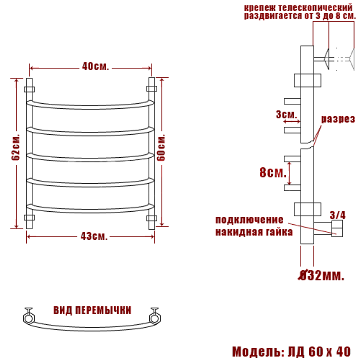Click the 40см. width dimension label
[95, 67]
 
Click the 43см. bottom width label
[94, 236]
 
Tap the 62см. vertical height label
[15, 147]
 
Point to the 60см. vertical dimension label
[161, 148]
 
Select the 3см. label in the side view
[286, 114]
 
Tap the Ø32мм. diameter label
[321, 275]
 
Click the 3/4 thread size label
[338, 215]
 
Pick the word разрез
[338, 119]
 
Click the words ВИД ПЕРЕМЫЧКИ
[92, 310]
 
